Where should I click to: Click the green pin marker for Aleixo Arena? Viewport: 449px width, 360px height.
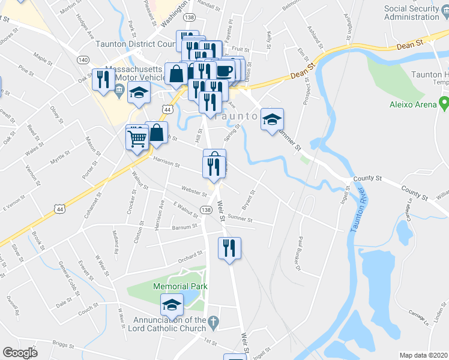pos(444,103)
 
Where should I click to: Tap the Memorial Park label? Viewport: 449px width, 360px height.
pos(180,287)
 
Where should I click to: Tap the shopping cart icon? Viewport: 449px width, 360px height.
pos(137,138)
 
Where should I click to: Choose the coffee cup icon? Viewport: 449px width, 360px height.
pos(224,70)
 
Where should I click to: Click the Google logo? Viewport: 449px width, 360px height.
pos(20,353)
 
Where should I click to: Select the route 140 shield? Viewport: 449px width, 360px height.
pos(83,60)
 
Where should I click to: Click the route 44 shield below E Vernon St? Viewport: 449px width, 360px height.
pos(58,208)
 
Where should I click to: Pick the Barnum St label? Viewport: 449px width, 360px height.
pos(184,227)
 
